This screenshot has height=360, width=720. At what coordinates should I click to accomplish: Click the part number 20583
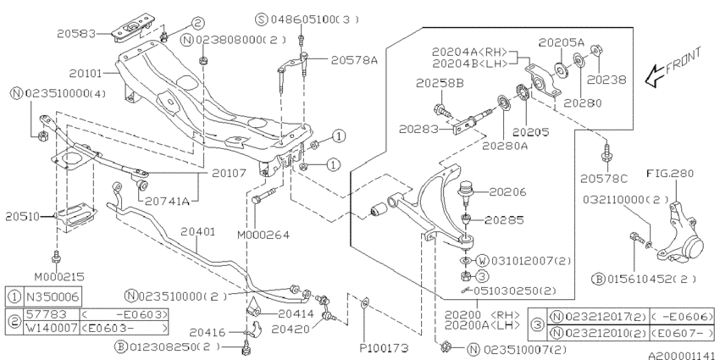click(76, 34)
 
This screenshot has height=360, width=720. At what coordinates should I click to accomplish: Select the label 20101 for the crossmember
click(88, 73)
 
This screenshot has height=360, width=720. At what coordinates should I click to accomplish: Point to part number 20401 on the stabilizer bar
click(197, 231)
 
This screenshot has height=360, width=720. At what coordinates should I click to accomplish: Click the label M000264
click(263, 235)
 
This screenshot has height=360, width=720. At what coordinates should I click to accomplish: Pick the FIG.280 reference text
click(670, 174)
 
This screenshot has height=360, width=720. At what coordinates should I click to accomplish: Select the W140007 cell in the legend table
click(51, 328)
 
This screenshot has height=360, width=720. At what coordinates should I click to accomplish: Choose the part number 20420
click(290, 329)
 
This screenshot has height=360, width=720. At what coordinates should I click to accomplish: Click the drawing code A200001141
click(684, 356)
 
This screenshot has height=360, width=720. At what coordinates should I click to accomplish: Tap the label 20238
click(607, 80)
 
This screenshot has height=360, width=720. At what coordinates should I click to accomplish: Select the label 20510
click(24, 217)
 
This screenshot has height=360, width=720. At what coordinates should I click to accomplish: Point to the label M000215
click(59, 277)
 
